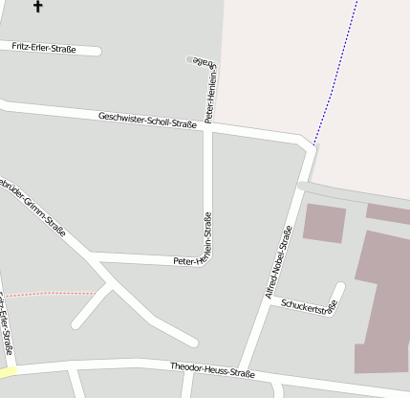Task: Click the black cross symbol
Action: pyautogui.click(x=38, y=7)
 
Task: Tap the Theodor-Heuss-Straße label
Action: pyautogui.click(x=212, y=368)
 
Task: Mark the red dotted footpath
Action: pyautogui.click(x=53, y=293)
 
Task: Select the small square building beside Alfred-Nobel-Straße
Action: pyautogui.click(x=324, y=221)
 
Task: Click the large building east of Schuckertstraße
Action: pyautogui.click(x=384, y=297)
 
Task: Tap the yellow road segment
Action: pyautogui.click(x=8, y=371)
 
